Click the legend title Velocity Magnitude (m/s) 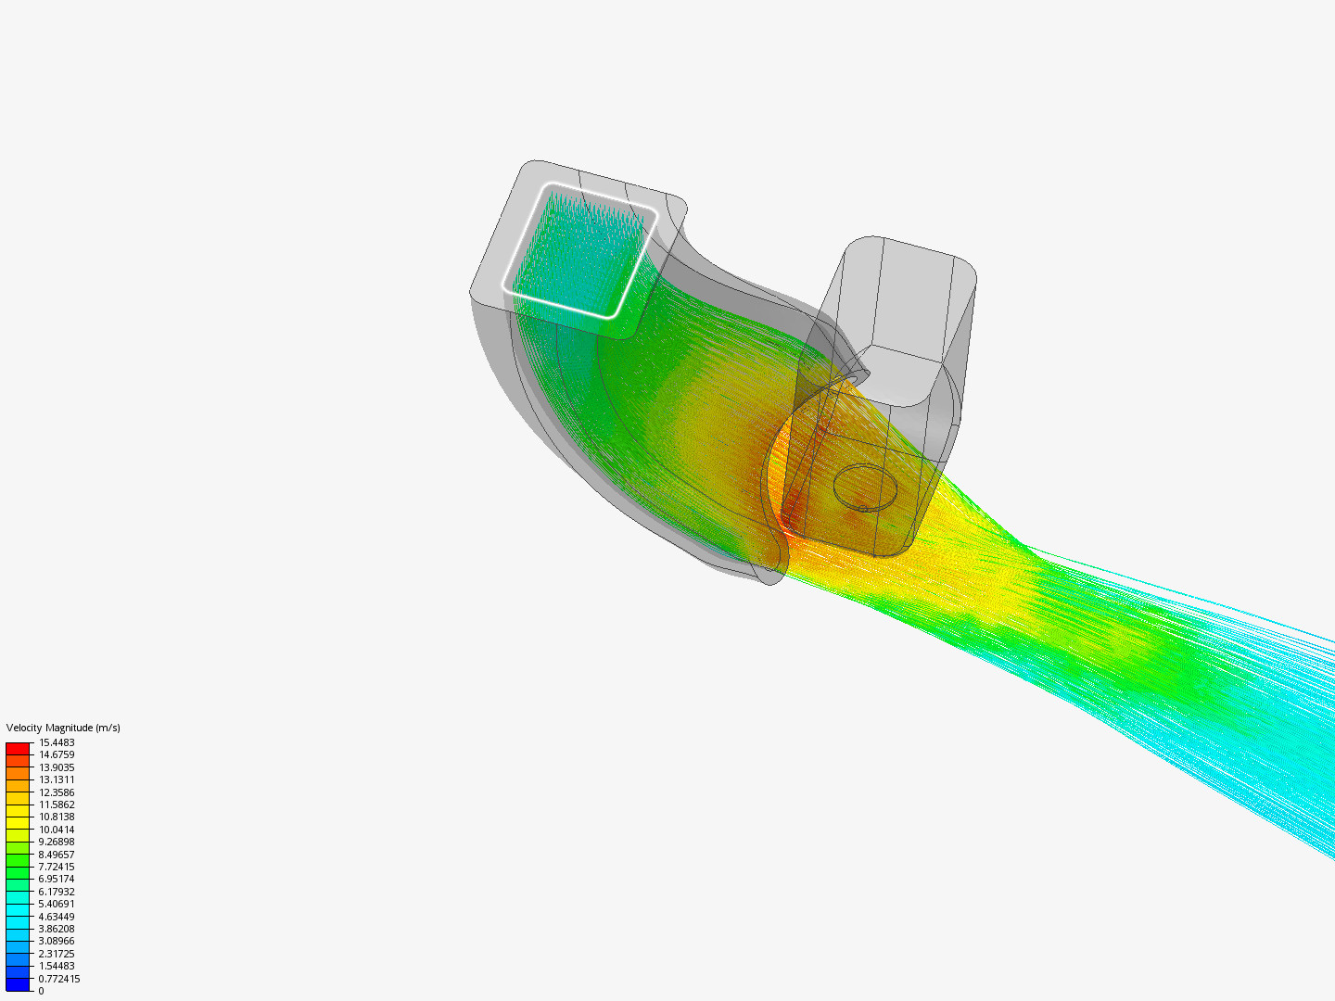coord(63,728)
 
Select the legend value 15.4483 coord(57,742)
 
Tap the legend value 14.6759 coord(57,755)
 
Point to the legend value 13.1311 coord(57,779)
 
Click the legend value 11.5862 coord(57,805)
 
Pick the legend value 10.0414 coord(57,830)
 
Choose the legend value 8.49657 coord(57,855)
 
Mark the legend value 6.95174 coord(57,879)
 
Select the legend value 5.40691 coord(57,904)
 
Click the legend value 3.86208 coord(57,929)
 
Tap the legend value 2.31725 coord(57,954)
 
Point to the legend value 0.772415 coord(59,979)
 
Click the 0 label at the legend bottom coord(41,991)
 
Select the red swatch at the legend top coord(18,748)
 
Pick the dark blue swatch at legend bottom coord(18,984)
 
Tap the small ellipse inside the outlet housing coord(866,487)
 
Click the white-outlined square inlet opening coord(580,250)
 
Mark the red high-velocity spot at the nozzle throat coord(793,510)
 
